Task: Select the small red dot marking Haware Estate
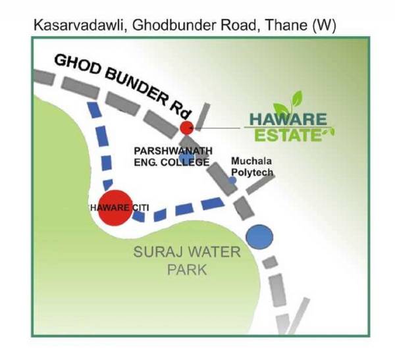click(187, 127)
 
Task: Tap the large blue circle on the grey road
click(259, 236)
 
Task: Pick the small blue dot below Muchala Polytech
click(232, 180)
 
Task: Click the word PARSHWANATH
click(167, 151)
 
